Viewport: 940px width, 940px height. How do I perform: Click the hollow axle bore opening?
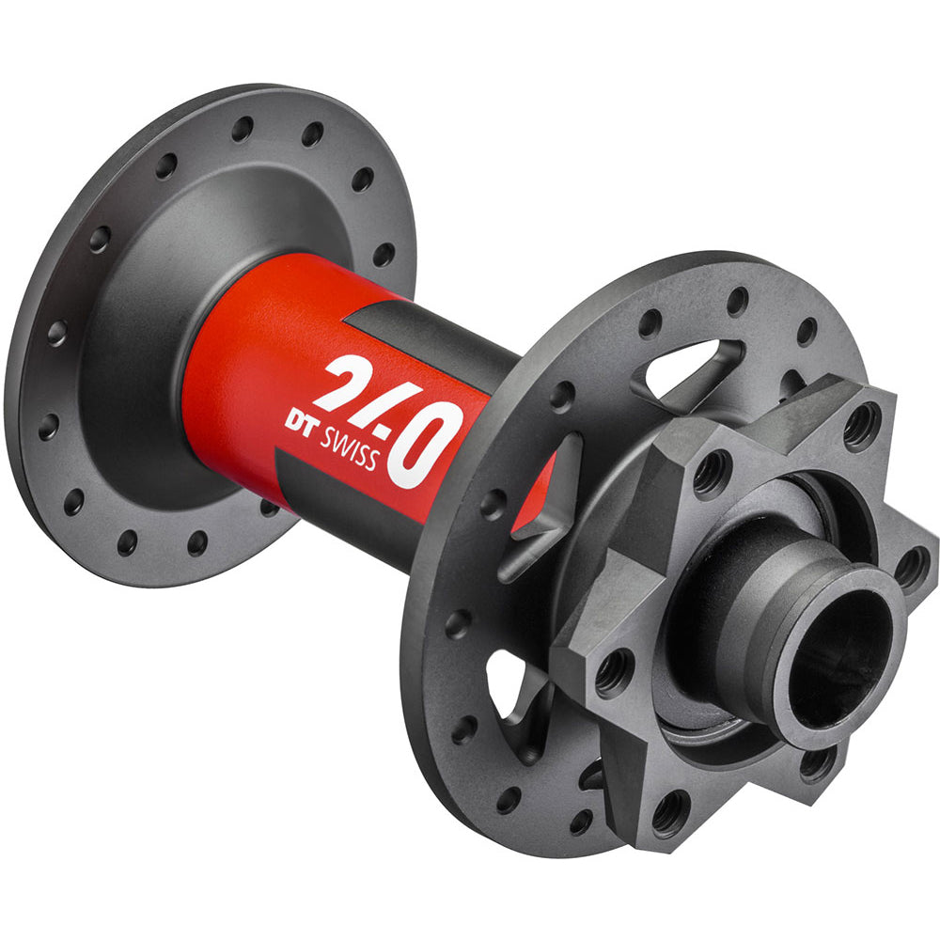838,653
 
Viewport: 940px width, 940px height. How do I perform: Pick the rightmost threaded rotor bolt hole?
911,566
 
